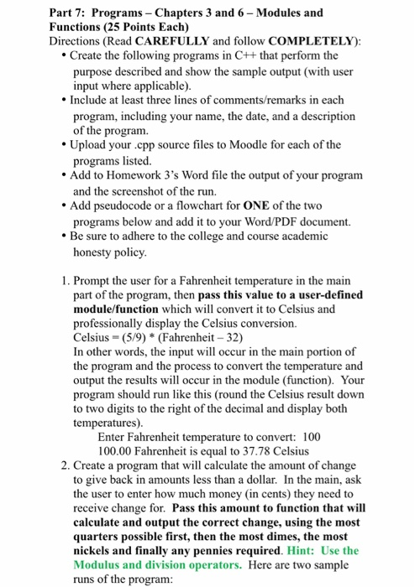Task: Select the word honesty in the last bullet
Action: (98, 251)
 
